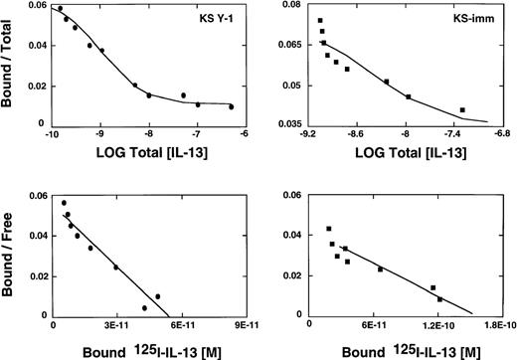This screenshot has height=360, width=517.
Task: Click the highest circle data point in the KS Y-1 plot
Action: pyautogui.click(x=60, y=9)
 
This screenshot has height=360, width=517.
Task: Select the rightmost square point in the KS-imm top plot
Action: pyautogui.click(x=462, y=110)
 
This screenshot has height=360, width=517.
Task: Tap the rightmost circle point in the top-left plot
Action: pyautogui.click(x=232, y=106)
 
